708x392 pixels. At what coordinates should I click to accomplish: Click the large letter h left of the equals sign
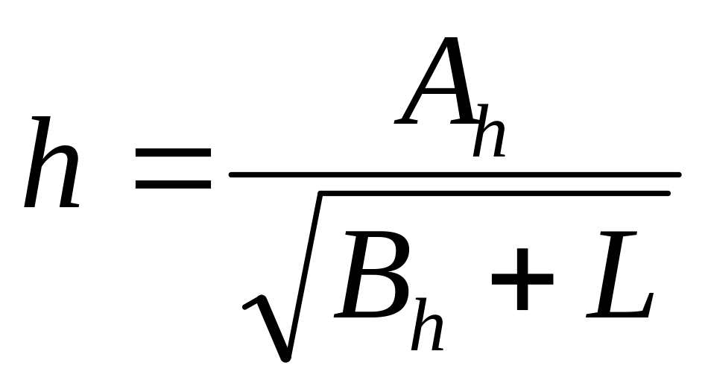point(52,162)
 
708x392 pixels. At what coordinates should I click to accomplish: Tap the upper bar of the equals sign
point(174,153)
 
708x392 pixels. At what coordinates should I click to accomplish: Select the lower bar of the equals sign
point(174,184)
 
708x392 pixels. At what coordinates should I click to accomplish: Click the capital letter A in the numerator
point(436,80)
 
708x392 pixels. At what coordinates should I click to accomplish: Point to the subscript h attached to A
point(489,131)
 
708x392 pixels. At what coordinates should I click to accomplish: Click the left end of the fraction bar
point(231,175)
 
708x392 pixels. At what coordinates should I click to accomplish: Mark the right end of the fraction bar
point(679,175)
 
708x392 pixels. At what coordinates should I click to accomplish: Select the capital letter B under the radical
point(373,274)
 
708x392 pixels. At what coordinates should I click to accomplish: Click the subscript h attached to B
point(427,323)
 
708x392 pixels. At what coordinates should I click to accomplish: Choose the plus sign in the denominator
point(522,279)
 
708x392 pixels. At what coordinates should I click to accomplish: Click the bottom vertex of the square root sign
point(285,359)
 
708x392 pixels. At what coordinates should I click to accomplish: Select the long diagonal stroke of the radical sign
point(303,276)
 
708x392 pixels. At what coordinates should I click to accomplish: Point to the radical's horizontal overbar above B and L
point(495,194)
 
